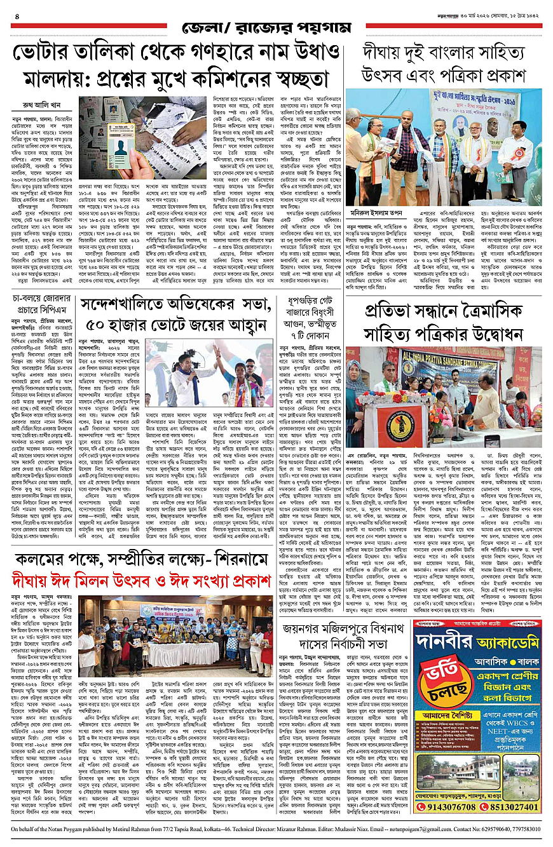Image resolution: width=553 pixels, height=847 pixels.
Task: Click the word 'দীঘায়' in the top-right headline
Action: click(x=388, y=53)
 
